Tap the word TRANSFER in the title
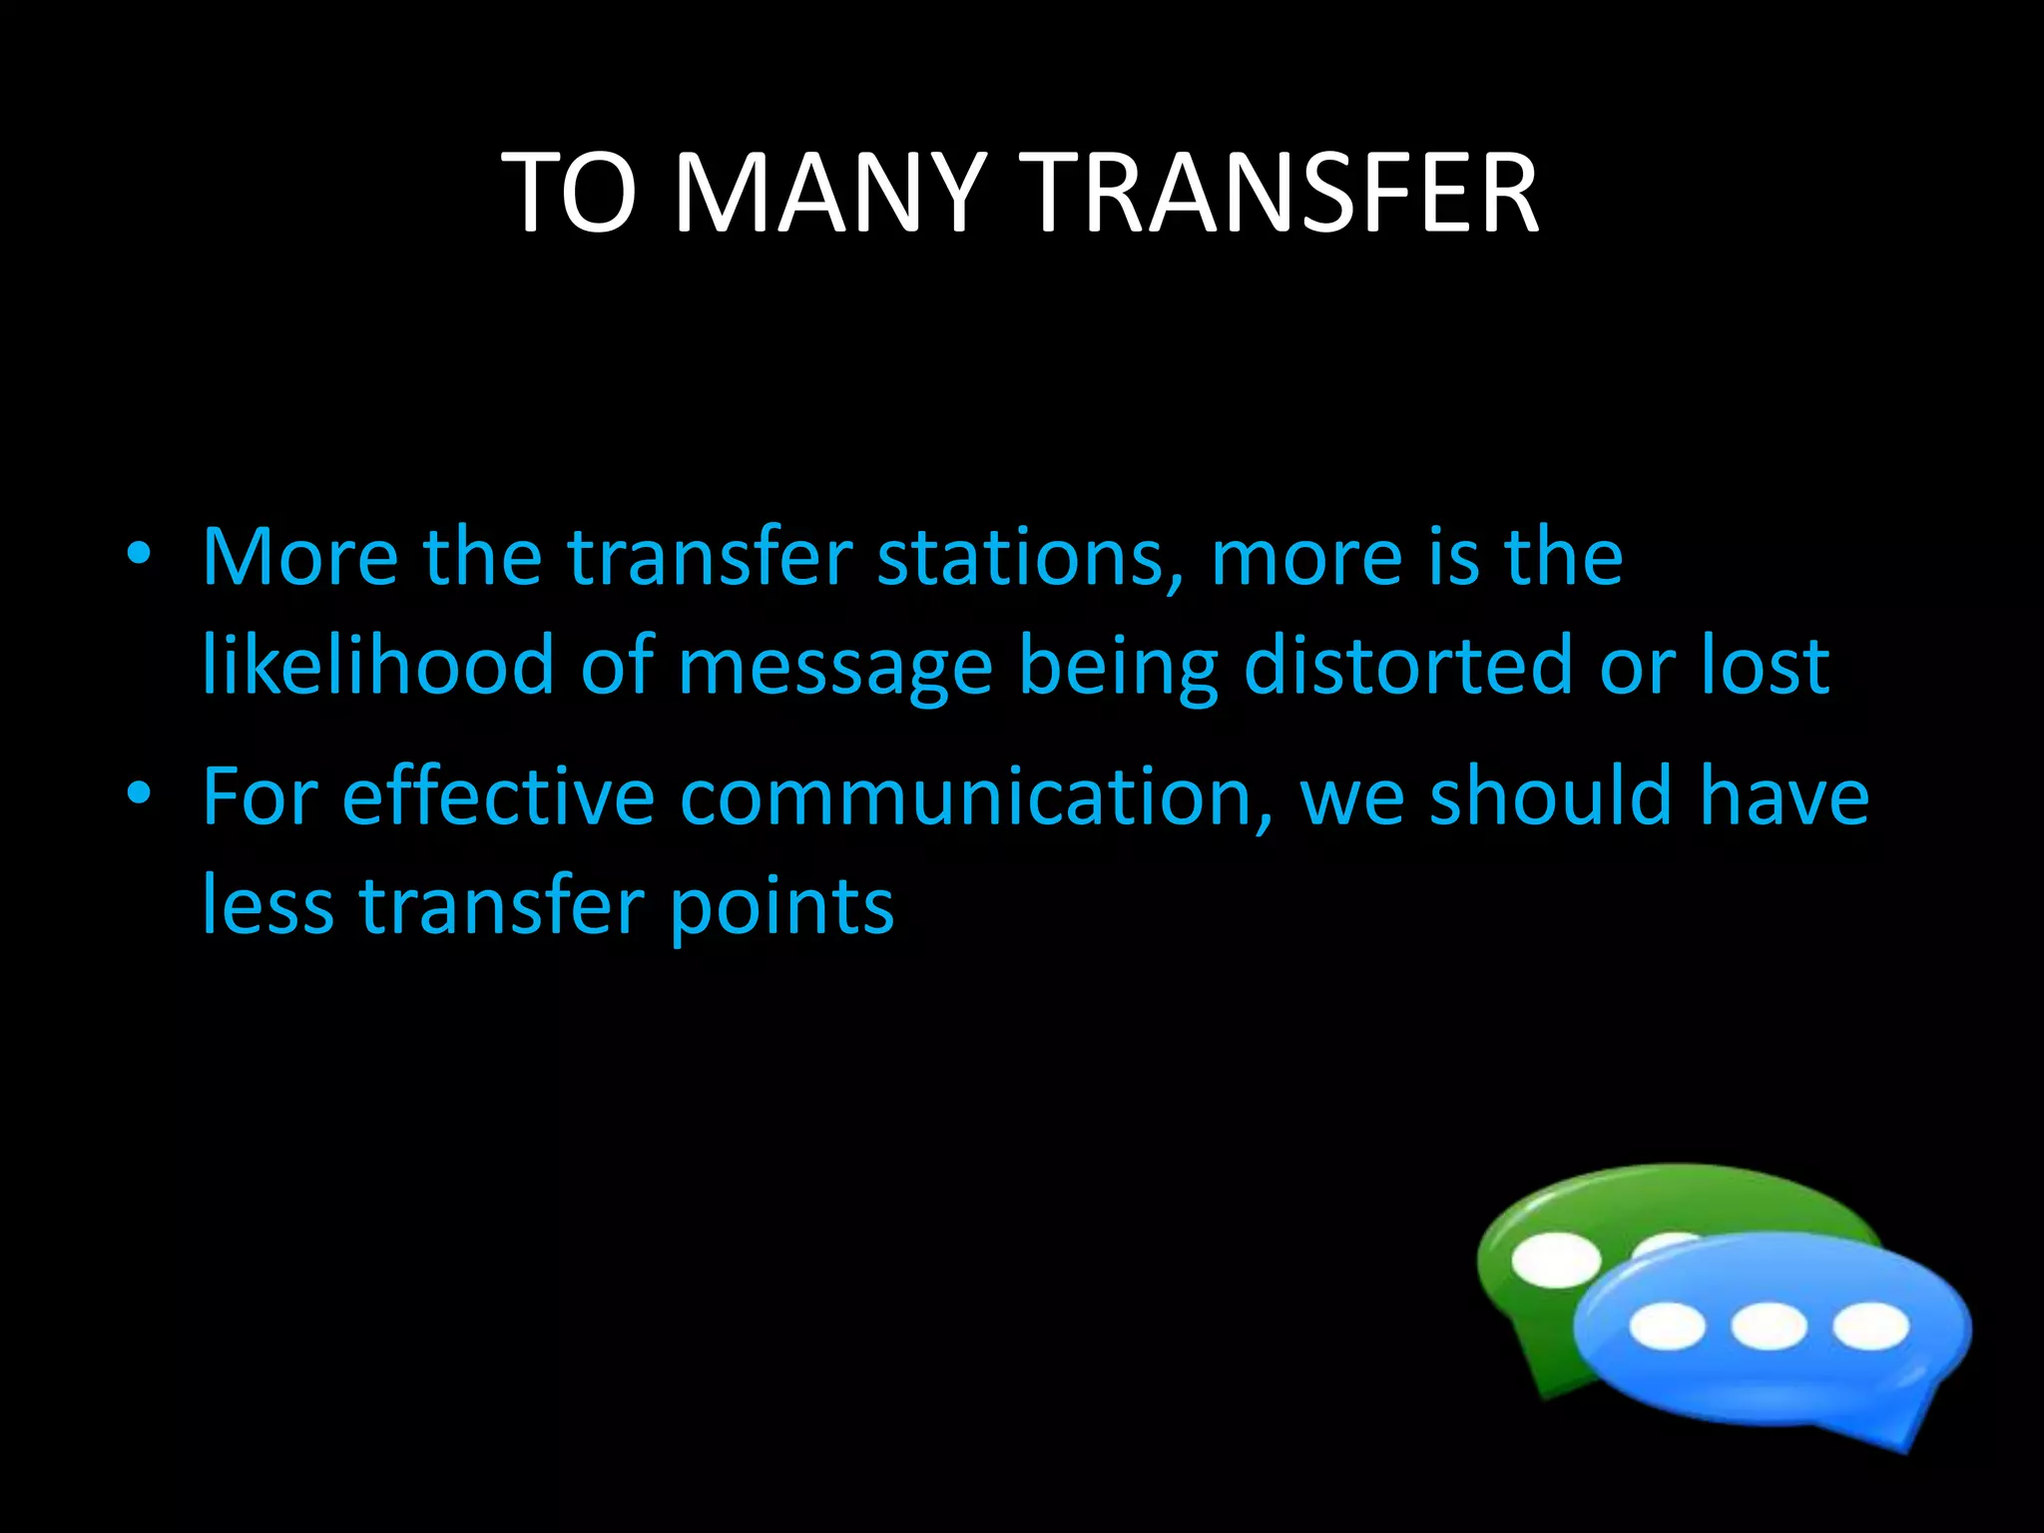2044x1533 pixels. coord(1282,194)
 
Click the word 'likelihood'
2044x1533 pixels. coord(378,665)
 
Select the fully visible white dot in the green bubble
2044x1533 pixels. coord(1555,1260)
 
